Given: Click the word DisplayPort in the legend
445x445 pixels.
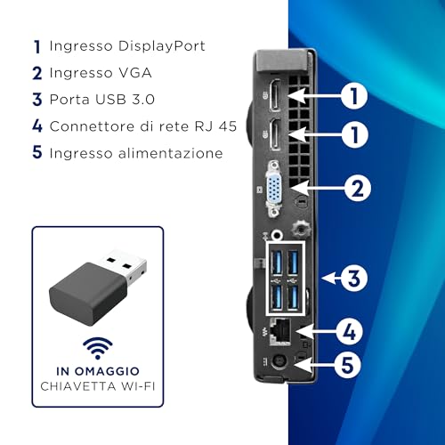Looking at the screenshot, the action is tap(161, 46).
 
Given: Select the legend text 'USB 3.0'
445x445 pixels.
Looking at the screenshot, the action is tap(125, 100).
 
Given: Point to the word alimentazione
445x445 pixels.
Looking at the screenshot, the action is tap(170, 153).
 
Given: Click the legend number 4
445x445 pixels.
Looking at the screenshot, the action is tap(37, 125).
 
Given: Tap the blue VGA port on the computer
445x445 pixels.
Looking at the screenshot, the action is tap(273, 189).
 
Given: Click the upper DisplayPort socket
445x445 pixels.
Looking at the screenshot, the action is tap(275, 95).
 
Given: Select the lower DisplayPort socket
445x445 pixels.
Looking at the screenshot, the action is tap(275, 134).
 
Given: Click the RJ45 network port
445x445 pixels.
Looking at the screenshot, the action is tap(279, 332).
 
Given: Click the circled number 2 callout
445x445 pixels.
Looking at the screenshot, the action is tap(358, 189).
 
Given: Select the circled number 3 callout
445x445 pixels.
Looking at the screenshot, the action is tap(353, 279).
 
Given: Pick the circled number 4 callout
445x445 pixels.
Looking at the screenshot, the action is tap(349, 332).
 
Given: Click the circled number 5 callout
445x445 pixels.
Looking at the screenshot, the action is tap(347, 365).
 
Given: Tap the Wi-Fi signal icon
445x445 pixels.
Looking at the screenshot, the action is tap(98, 348).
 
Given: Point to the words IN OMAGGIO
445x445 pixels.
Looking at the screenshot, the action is tap(98, 371).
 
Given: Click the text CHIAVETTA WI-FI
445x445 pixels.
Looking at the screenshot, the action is tap(98, 386).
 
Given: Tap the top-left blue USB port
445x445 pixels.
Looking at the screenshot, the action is tap(277, 263).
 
